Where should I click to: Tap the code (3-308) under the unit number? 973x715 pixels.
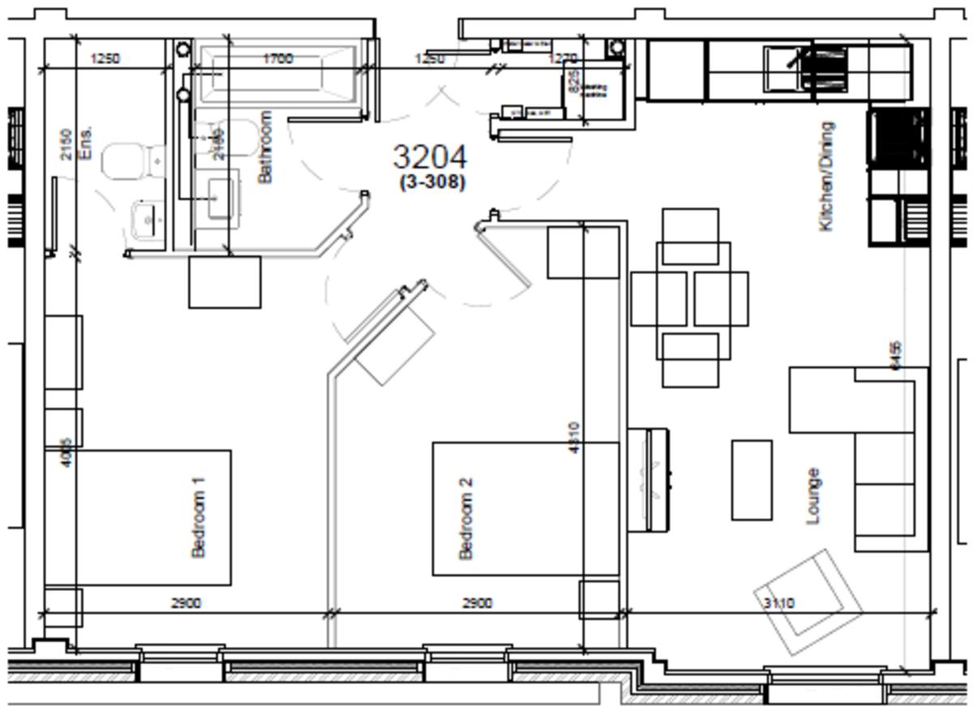pos(432,182)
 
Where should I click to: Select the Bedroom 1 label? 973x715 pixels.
pos(199,516)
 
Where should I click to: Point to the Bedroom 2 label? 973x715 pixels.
pos(466,518)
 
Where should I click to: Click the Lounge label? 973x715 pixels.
pos(813,496)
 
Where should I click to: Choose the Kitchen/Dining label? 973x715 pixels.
pos(826,177)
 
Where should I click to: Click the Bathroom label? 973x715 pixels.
pos(265,147)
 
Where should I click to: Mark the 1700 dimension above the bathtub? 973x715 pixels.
pos(277,58)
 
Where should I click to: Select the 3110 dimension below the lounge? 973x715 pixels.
pos(779,603)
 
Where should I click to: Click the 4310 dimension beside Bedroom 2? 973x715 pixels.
pos(573,438)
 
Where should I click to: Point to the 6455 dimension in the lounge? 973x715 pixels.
pos(896,355)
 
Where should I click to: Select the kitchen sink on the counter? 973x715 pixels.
pos(783,68)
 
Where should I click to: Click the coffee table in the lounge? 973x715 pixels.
pos(752,480)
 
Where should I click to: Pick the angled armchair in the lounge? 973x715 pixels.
pos(808,600)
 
